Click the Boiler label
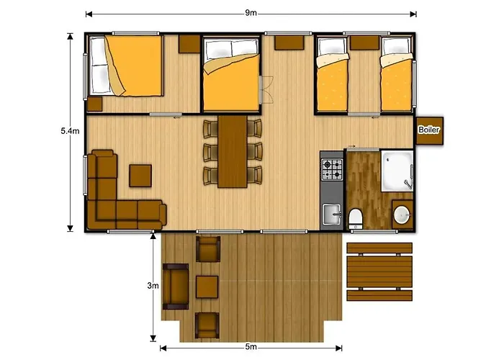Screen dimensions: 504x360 (x=429, y=130)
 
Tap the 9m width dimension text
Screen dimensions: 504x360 (x=251, y=13)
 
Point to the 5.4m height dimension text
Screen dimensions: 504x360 (x=70, y=131)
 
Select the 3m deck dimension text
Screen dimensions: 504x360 (x=153, y=285)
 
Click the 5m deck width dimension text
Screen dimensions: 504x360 (x=251, y=347)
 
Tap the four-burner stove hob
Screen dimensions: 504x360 (x=332, y=169)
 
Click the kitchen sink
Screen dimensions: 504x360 (x=332, y=215)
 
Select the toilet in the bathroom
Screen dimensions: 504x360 (x=356, y=219)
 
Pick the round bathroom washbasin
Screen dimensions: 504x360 (x=402, y=215)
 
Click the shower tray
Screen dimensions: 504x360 (x=397, y=171)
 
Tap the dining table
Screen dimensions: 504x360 (x=233, y=151)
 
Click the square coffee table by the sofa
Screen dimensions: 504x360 (x=140, y=176)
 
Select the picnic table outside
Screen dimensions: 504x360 (x=379, y=271)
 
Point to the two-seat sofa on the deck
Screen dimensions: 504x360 (x=176, y=287)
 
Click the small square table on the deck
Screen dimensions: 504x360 (x=207, y=287)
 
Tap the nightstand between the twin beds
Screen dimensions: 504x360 (x=364, y=42)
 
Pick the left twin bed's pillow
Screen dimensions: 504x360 (x=332, y=47)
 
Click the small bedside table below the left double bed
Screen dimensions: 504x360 (x=95, y=104)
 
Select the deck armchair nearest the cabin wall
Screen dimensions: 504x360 (x=208, y=249)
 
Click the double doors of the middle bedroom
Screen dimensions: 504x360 (x=266, y=90)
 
